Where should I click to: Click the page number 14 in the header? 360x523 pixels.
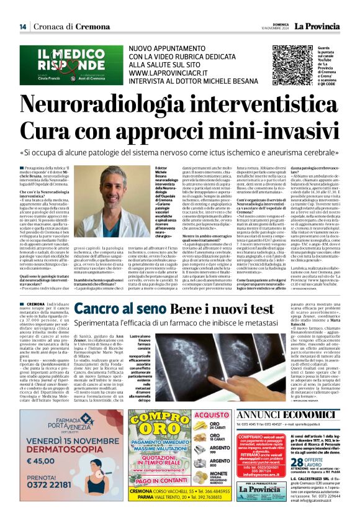[22, 26]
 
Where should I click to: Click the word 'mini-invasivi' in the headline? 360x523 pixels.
[260, 129]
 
